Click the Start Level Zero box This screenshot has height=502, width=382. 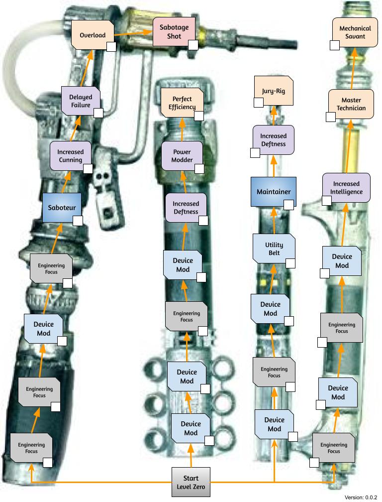pyautogui.click(x=191, y=482)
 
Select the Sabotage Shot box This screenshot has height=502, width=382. pyautogui.click(x=174, y=32)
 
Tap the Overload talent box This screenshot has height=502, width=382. pyautogui.click(x=93, y=35)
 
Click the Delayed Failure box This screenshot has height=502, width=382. pyautogui.click(x=81, y=101)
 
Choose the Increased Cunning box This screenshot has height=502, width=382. pyautogui.click(x=70, y=155)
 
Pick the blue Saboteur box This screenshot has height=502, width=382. pyautogui.click(x=62, y=208)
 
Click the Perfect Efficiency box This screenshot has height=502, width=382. pyautogui.click(x=182, y=103)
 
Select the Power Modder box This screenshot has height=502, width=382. pyautogui.click(x=182, y=155)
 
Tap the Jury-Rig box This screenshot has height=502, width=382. pyautogui.click(x=274, y=91)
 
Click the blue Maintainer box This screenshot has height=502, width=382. pyautogui.click(x=274, y=191)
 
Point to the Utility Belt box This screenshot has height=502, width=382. pyautogui.click(x=274, y=249)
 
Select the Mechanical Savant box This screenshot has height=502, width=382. pyautogui.click(x=355, y=32)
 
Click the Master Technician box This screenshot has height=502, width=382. pyautogui.click(x=351, y=104)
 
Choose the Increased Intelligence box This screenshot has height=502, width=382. pyautogui.click(x=346, y=188)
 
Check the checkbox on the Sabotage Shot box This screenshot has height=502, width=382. pyautogui.click(x=193, y=45)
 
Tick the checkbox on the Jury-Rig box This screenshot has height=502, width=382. pyautogui.click(x=259, y=103)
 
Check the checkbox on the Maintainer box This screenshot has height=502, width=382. pyautogui.click(x=288, y=205)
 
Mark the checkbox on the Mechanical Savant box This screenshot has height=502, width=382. pyautogui.click(x=335, y=45)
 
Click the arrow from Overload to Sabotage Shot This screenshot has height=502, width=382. pyautogui.click(x=133, y=33)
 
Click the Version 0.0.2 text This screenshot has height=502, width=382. pyautogui.click(x=361, y=497)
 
